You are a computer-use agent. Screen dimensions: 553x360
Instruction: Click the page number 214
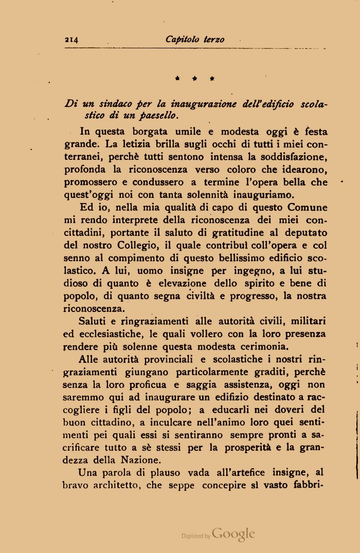point(71,40)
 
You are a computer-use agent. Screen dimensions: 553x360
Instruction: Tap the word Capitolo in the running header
point(183,40)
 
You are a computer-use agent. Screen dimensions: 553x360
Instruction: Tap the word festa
point(314,132)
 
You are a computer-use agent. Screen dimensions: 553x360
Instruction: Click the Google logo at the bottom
point(233,534)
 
